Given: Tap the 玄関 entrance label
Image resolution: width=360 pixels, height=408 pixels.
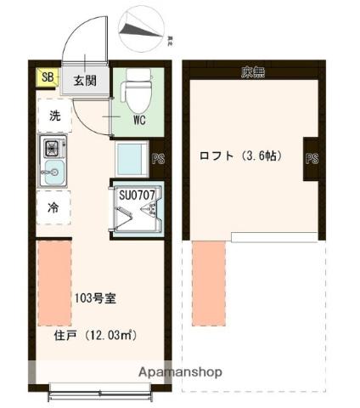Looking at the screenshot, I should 83,82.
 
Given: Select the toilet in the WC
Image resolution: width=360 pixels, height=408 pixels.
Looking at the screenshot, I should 137,93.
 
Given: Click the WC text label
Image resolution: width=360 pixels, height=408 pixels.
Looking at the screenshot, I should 138,120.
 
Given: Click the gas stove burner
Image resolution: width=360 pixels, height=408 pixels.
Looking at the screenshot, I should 53,148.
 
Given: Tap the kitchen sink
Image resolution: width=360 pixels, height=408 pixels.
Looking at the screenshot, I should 53,174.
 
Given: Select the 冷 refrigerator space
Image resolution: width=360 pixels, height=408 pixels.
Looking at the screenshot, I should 53,206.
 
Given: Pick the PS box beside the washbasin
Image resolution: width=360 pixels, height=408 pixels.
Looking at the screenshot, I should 157,157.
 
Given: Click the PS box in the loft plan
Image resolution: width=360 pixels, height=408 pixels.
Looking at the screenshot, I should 312,157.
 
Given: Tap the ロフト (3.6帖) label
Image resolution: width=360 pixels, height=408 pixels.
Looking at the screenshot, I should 240,156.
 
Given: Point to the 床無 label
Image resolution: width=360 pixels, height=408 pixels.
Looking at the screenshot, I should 251,71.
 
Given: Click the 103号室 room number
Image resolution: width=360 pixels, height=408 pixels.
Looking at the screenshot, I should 94,298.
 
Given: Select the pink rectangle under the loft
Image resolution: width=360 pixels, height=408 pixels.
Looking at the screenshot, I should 208,284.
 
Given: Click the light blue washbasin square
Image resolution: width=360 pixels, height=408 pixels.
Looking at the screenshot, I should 132,159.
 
